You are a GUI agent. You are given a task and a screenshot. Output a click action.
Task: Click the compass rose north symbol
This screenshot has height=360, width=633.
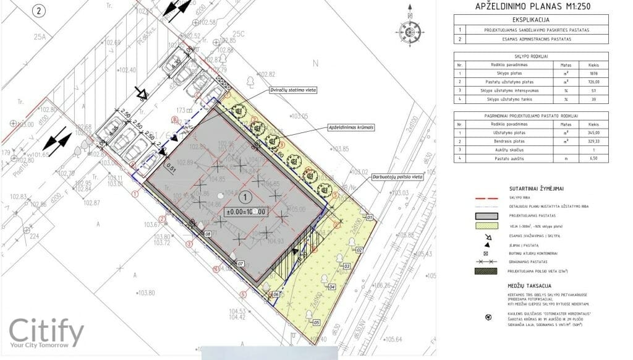tap(409, 29)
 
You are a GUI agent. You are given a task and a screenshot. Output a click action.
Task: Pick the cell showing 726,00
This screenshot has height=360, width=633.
tap(594, 81)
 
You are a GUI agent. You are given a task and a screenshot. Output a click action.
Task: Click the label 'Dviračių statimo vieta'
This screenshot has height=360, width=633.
tap(294, 91)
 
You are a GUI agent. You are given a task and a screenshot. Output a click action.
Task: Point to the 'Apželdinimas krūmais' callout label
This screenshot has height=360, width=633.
tap(352, 127)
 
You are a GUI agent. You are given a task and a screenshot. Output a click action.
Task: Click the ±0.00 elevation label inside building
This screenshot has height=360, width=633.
tap(245, 212)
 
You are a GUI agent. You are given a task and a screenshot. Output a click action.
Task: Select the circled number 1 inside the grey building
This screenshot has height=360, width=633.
tap(245, 198)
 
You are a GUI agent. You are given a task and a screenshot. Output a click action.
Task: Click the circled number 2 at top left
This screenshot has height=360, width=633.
tap(40, 11)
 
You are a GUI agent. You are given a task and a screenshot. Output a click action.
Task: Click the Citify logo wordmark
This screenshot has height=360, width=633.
tap(46, 333)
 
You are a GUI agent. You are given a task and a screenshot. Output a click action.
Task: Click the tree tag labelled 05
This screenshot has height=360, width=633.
tap(316, 323)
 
